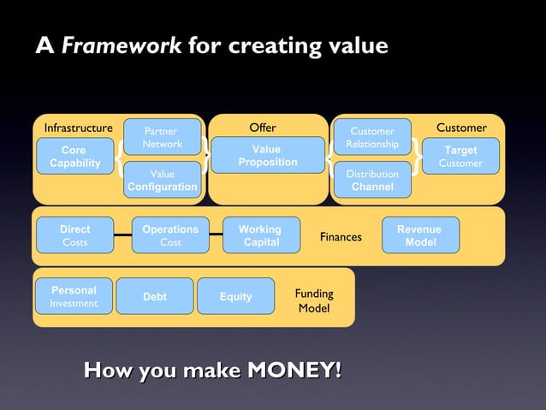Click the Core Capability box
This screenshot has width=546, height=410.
click(74, 157)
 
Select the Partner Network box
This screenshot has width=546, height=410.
click(162, 138)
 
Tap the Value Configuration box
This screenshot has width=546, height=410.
click(162, 180)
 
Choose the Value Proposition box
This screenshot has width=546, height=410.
click(268, 156)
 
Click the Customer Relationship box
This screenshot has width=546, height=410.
click(372, 138)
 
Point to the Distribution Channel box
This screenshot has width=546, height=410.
click(372, 180)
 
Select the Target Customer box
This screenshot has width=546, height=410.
click(460, 157)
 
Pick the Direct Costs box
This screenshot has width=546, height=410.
click(74, 235)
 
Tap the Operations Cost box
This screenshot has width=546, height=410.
click(170, 235)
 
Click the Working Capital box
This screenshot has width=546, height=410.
click(260, 235)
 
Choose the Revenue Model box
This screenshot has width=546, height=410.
click(420, 235)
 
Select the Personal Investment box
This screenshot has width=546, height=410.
click(74, 296)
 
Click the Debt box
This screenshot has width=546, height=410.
click(155, 296)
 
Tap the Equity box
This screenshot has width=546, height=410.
click(235, 296)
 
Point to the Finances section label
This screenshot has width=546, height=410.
click(341, 237)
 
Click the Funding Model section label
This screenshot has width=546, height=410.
click(314, 300)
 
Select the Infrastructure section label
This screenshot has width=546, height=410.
click(78, 128)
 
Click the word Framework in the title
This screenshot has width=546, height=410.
click(122, 45)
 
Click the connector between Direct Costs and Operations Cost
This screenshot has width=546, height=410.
click(122, 233)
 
